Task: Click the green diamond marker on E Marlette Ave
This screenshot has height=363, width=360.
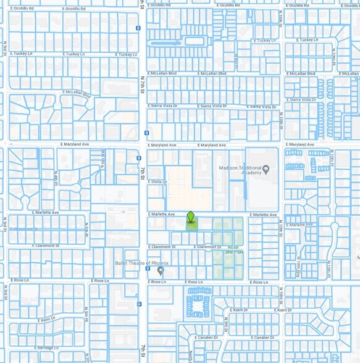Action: [191, 217]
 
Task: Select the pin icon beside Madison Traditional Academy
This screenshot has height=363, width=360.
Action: [266, 169]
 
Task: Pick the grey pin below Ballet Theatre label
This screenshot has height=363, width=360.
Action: [161, 270]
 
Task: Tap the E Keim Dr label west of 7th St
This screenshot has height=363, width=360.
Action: [47, 320]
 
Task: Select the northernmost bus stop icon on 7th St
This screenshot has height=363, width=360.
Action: [138, 27]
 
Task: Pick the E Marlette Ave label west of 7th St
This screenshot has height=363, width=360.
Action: [47, 212]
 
